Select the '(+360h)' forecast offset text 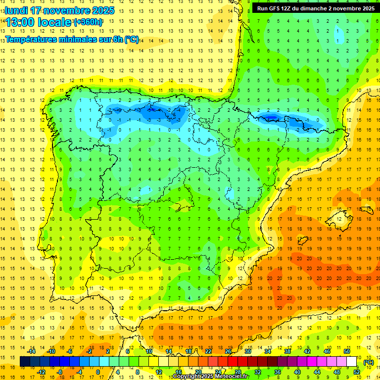[x=88, y=22]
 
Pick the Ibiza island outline [x=302, y=241]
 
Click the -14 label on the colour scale [x=32, y=351]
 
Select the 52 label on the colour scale [x=357, y=372]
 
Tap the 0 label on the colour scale [x=97, y=372]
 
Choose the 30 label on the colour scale [x=248, y=351]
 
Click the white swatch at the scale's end [x=352, y=362]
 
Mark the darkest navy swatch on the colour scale [x=25, y=362]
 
